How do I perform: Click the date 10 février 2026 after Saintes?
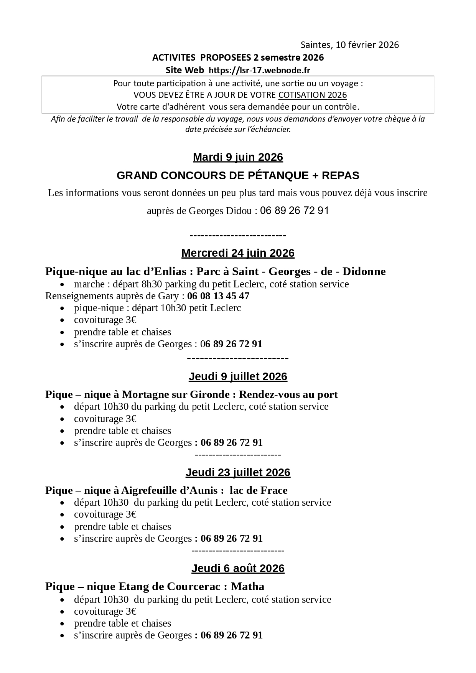pos(367,45)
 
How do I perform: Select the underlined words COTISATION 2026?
pos(312,95)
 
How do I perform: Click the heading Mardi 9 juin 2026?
pos(238,157)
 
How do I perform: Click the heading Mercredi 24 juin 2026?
pos(238,253)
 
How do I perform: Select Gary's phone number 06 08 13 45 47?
pos(218,296)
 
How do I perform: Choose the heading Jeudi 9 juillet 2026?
pos(238,377)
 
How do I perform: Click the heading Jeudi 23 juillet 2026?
pos(238,473)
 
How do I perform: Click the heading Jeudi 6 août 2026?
pos(238,569)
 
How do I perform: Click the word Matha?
pos(248,587)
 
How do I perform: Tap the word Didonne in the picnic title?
pos(364,272)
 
